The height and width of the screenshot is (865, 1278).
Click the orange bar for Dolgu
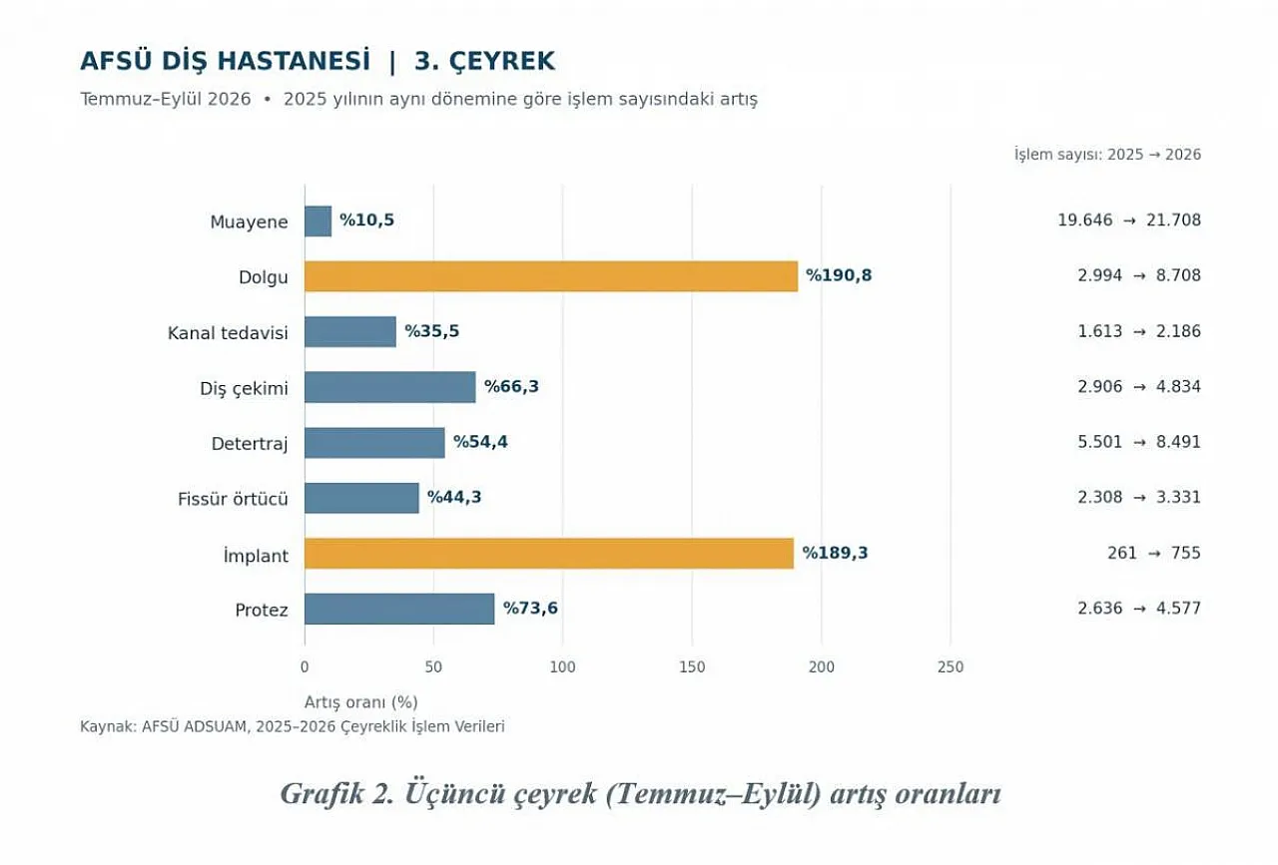(551, 276)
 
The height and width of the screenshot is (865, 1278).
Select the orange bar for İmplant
(549, 553)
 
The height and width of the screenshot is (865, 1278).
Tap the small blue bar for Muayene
(318, 221)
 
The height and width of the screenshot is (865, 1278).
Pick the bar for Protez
(399, 609)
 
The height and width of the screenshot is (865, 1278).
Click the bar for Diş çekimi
(390, 387)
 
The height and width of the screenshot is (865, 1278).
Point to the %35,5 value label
(432, 331)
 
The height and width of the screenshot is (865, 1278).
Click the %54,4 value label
(480, 442)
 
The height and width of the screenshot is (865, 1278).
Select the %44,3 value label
(454, 497)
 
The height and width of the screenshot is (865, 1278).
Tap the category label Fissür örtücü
(233, 500)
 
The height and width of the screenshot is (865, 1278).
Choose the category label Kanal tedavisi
(228, 333)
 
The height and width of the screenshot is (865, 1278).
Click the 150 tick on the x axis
(692, 667)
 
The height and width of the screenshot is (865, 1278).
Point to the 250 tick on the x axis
(951, 667)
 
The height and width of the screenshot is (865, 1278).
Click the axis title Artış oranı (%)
(361, 702)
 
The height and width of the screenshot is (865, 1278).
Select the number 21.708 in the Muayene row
(1173, 220)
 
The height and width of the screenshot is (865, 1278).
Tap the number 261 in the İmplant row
(1122, 553)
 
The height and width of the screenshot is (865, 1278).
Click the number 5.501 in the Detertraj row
(1100, 442)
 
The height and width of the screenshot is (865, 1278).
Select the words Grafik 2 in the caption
(336, 794)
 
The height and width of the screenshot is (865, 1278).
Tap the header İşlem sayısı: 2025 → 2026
(1107, 155)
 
